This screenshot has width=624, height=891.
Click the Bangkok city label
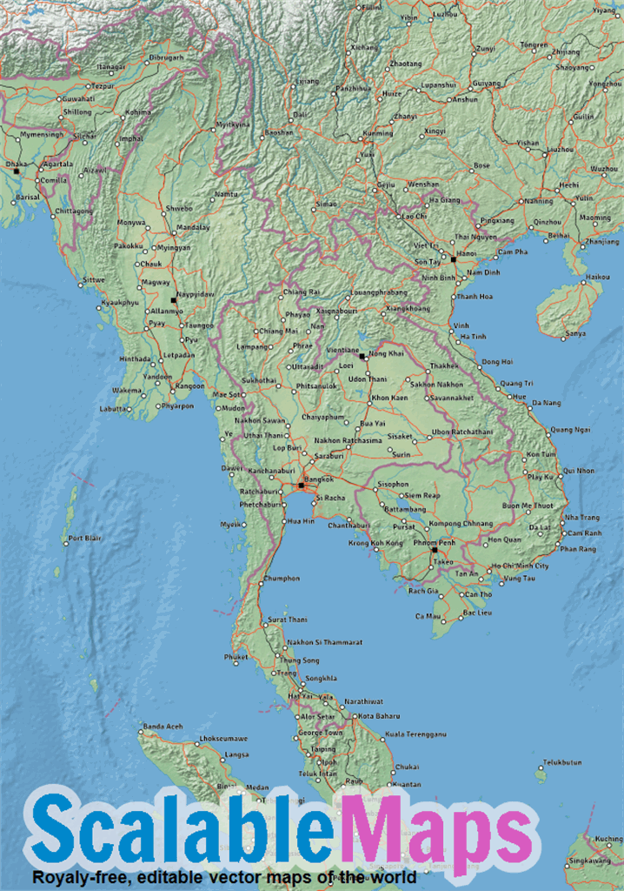pos(320,479)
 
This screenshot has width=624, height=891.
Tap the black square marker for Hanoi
pos(453,258)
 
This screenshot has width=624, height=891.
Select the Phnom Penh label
pos(435,542)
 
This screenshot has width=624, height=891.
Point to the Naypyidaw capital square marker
pos(174,299)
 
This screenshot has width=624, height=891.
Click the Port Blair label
pos(85,538)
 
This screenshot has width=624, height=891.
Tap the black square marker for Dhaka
pos(16,171)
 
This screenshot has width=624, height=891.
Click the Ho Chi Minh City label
pos(520,566)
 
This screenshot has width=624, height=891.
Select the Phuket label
pos(236,657)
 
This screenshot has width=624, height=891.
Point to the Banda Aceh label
pos(163,726)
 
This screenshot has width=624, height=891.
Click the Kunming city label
pos(378,133)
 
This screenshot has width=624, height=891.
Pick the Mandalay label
pos(193,227)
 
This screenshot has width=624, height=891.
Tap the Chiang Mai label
pos(279,331)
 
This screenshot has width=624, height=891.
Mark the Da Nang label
pos(546,403)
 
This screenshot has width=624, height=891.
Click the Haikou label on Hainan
pos(597,277)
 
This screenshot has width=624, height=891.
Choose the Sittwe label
pos(93,279)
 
